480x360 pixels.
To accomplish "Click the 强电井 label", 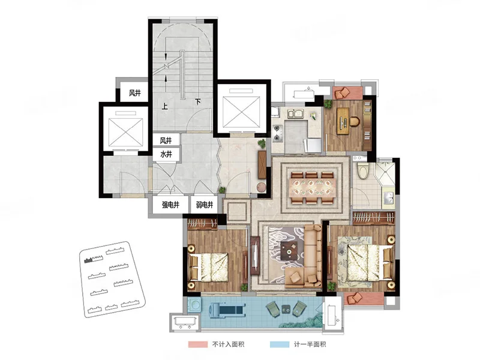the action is click(x=170, y=205).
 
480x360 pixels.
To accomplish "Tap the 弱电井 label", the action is click(x=205, y=205).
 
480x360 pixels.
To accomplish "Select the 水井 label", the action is click(x=166, y=154).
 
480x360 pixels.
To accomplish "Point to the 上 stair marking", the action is click(x=165, y=106).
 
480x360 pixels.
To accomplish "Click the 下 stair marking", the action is click(x=198, y=101).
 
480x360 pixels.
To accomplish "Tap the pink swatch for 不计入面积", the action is click(x=198, y=344).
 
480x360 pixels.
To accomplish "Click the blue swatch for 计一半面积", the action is click(x=280, y=344).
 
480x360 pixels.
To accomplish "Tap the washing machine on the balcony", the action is click(x=194, y=305).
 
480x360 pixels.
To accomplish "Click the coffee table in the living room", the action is click(x=289, y=250).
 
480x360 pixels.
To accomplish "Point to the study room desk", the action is click(x=343, y=121).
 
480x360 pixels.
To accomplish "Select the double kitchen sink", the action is click(x=295, y=114).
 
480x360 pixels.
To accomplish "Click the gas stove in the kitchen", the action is click(x=277, y=133).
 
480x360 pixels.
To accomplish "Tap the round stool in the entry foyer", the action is click(x=262, y=187).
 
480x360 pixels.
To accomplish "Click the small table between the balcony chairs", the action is click(x=286, y=310).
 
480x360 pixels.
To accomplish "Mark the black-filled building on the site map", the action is click(x=88, y=260).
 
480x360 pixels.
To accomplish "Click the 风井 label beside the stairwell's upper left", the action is click(x=134, y=93).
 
